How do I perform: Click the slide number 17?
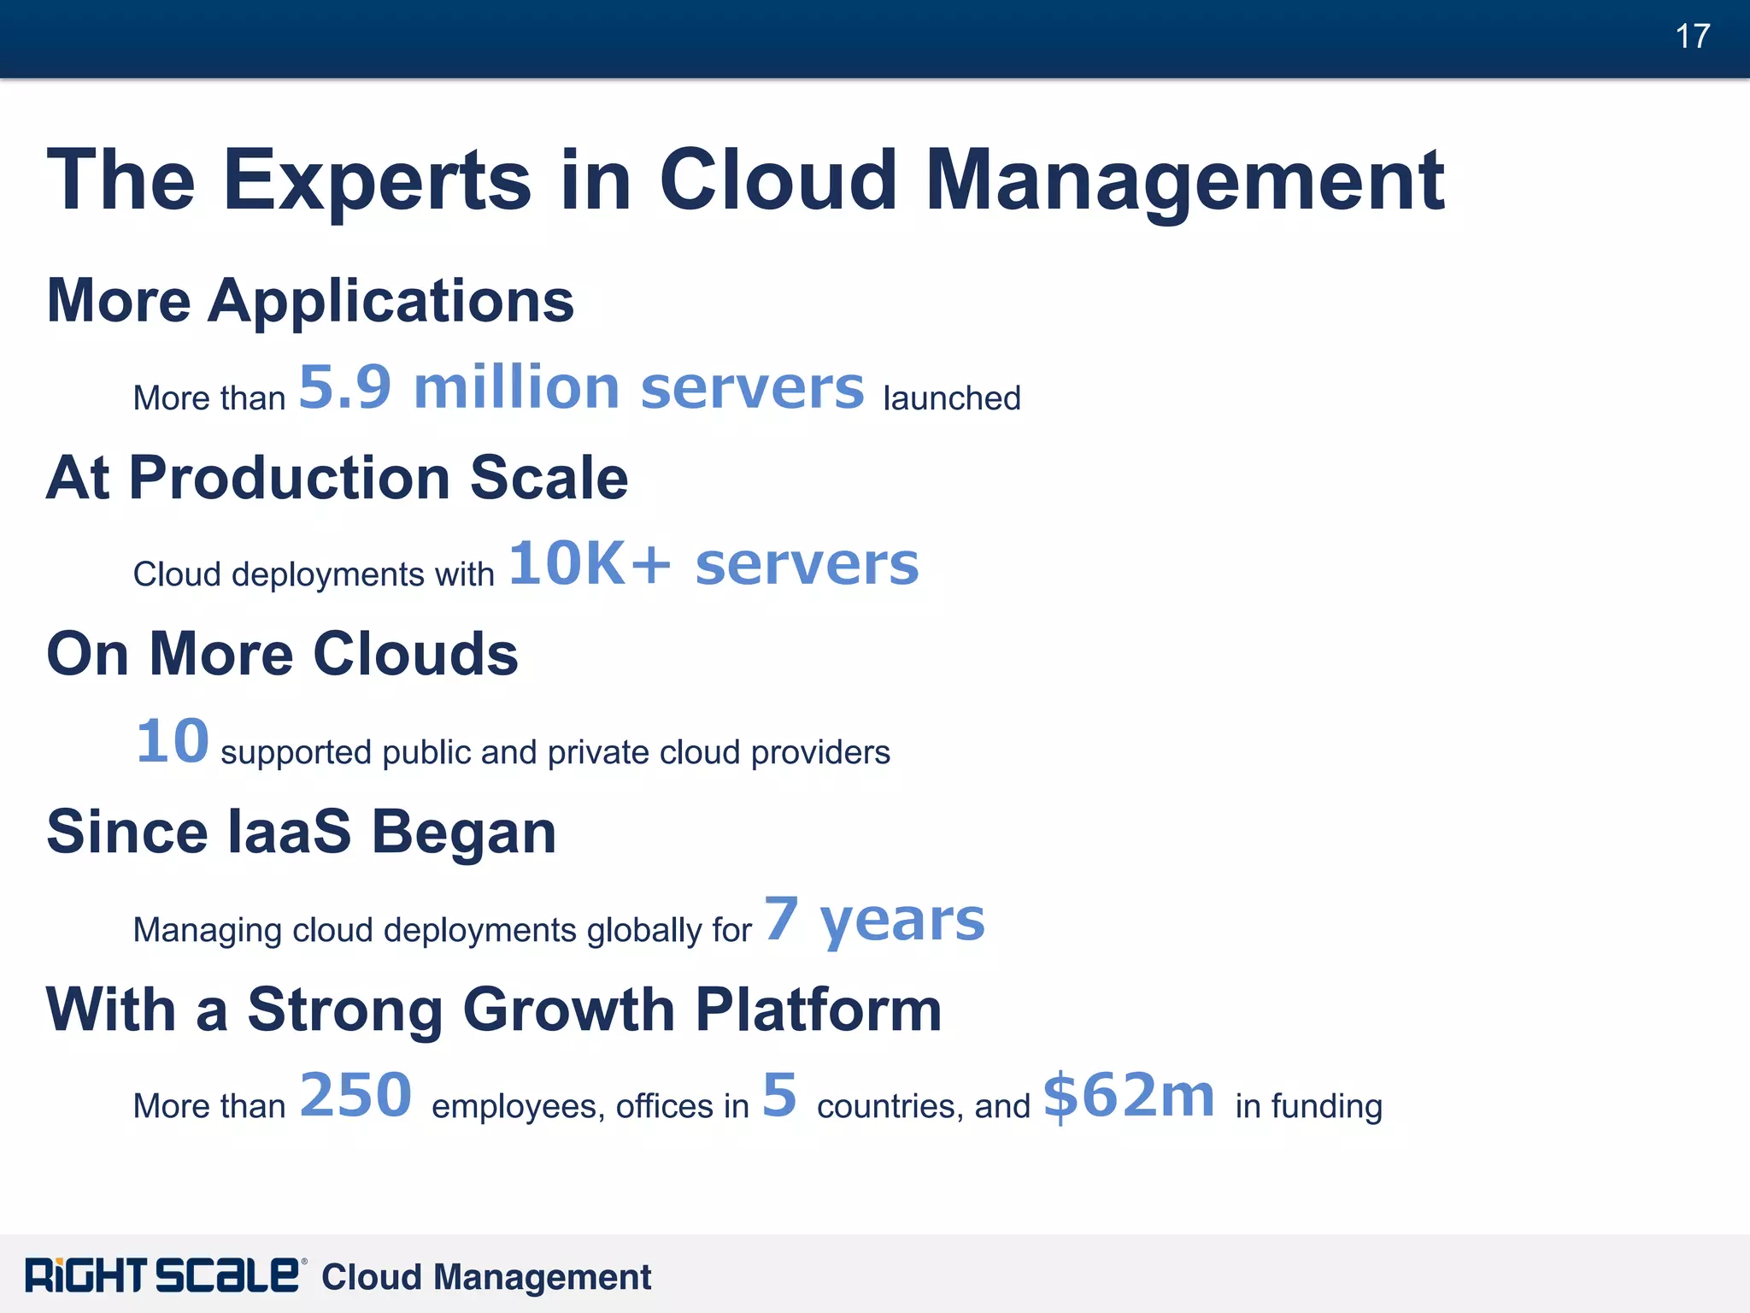pos(1692,37)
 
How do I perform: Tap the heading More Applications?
pos(310,301)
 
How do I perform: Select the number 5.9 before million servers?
pos(344,387)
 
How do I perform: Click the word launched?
pos(951,398)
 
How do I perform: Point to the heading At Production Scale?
pos(338,478)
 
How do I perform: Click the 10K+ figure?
pos(590,564)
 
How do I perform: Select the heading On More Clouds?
pos(282,655)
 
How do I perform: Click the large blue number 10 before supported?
pos(173,741)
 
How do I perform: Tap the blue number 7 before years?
pos(781,919)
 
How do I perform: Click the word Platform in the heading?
pos(818,1010)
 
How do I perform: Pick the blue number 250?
pos(355,1095)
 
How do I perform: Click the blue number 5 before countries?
pos(779,1095)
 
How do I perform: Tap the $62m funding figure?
pos(1128,1097)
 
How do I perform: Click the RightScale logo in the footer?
pos(162,1275)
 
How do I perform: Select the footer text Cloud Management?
pos(485,1277)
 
